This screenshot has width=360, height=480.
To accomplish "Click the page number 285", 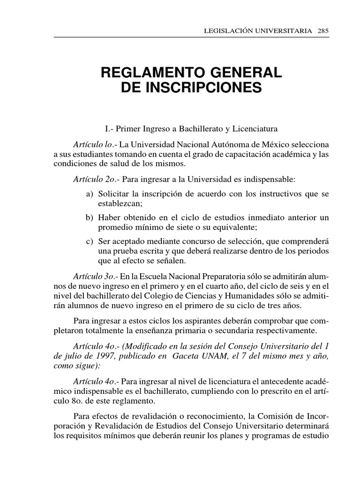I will point(323,30).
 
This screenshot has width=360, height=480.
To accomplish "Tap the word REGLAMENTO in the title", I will point(149,73).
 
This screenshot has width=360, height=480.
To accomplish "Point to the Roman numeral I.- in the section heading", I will point(109,128).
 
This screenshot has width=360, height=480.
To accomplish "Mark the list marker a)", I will point(90,194).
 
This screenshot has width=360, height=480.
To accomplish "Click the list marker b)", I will point(90,217).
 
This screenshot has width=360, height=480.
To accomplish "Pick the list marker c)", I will point(90,241).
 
